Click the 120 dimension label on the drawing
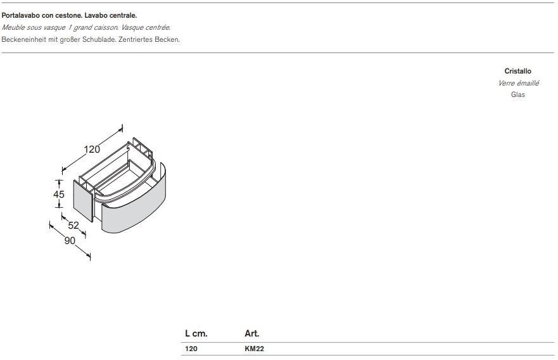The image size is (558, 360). click(92, 149)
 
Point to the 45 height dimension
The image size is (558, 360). click(59, 194)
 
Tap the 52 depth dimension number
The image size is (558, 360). click(73, 225)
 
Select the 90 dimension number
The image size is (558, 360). click(70, 241)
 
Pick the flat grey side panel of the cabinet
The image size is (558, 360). click(83, 200)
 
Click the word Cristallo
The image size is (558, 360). click(518, 71)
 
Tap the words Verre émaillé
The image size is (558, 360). click(518, 83)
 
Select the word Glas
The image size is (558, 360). click(518, 94)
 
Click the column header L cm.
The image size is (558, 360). click(196, 333)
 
